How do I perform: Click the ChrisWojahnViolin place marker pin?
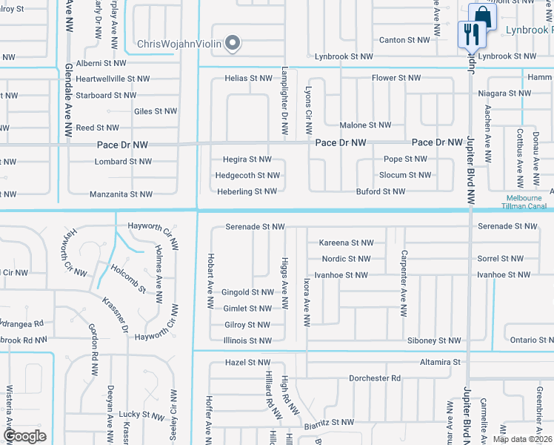coord(233,44)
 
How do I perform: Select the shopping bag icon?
coord(482,16)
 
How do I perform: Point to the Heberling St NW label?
coord(247,191)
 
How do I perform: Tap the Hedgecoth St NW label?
coord(247,176)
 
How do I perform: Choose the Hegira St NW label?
coord(247,159)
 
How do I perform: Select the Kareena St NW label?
coord(346,243)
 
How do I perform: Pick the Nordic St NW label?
coord(346,259)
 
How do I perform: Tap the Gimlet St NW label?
coord(247,309)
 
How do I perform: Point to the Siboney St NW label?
coord(433,340)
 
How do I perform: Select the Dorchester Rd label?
coord(375,378)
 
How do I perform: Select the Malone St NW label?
coord(364,126)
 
